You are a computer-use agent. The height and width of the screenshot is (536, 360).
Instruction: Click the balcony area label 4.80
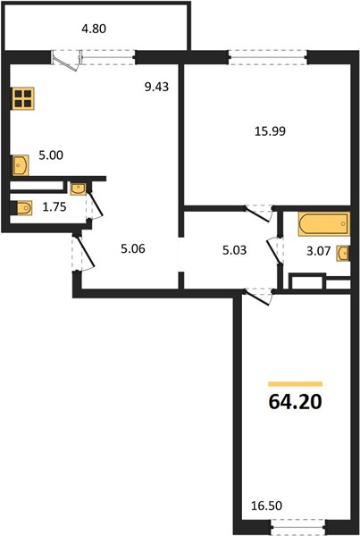click(94, 29)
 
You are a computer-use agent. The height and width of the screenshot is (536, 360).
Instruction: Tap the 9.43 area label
click(156, 87)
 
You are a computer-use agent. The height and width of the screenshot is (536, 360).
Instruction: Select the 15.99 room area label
click(270, 131)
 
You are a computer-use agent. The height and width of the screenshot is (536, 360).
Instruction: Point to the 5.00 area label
click(51, 155)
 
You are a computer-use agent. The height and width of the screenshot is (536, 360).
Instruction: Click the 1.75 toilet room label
click(54, 207)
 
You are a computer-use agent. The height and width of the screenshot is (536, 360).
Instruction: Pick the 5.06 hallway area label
click(133, 248)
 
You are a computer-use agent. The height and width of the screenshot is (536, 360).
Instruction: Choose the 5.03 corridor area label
click(234, 250)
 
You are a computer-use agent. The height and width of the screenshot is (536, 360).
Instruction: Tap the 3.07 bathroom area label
click(319, 251)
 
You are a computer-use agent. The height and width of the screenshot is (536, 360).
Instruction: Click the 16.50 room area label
click(267, 506)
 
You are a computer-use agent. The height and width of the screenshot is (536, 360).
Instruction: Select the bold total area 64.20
click(296, 402)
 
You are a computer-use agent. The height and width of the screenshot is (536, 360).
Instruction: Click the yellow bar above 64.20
click(296, 384)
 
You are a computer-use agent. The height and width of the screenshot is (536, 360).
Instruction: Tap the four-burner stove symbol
click(23, 98)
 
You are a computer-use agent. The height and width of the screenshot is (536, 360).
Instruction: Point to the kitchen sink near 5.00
click(21, 165)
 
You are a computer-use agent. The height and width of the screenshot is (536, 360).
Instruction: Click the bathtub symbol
click(324, 224)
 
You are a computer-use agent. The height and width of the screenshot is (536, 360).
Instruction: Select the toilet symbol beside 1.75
click(21, 208)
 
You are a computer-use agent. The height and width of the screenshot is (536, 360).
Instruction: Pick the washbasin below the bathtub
click(343, 254)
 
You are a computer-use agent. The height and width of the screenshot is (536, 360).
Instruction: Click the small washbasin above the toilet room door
click(79, 188)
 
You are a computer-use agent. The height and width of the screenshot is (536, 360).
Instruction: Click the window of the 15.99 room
click(268, 57)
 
